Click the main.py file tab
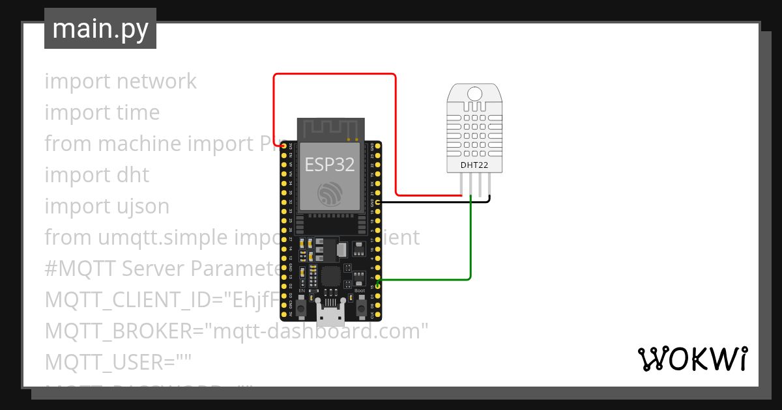pyautogui.click(x=100, y=29)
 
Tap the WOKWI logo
pyautogui.click(x=692, y=359)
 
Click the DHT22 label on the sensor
pyautogui.click(x=474, y=165)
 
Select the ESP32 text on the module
pyautogui.click(x=330, y=164)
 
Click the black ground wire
pyautogui.click(x=430, y=202)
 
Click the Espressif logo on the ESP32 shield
pyautogui.click(x=330, y=193)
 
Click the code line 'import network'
pyautogui.click(x=121, y=81)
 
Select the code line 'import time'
pyautogui.click(x=102, y=113)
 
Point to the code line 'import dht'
pyautogui.click(x=97, y=175)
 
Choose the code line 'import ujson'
pyautogui.click(x=107, y=206)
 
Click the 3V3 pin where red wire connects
pyautogui.click(x=283, y=148)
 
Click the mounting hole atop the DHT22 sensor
pyautogui.click(x=474, y=92)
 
